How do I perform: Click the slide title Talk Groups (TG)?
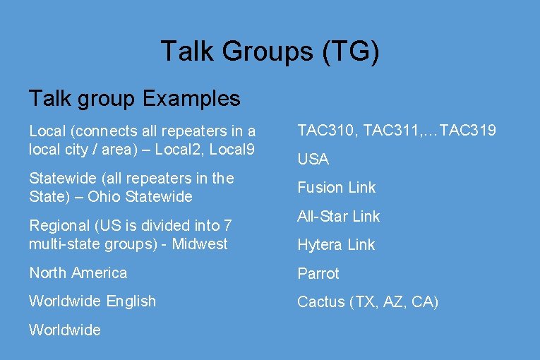pyautogui.click(x=270, y=52)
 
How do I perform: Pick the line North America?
pyautogui.click(x=78, y=272)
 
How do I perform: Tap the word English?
pyautogui.click(x=130, y=301)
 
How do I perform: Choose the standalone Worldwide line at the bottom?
pyautogui.click(x=65, y=330)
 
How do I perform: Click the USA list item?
pyautogui.click(x=313, y=160)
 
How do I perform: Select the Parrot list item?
pyautogui.click(x=318, y=273)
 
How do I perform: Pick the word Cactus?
pyautogui.click(x=320, y=302)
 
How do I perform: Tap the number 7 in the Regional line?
pyautogui.click(x=227, y=226)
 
